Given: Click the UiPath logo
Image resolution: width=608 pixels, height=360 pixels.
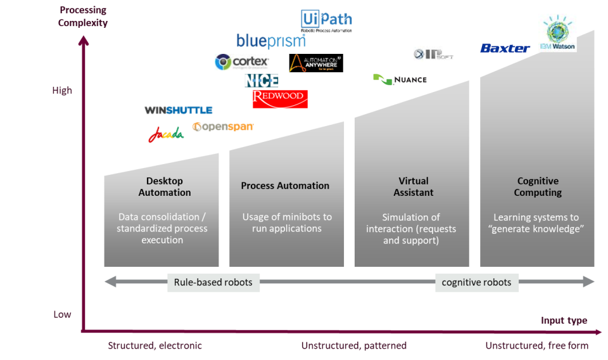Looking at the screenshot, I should (326, 20).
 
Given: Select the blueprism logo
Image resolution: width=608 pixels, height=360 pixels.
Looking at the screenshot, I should (271, 41).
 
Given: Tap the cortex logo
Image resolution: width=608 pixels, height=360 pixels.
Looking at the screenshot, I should (242, 61).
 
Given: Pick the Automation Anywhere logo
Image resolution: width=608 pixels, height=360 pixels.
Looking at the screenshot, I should (315, 62).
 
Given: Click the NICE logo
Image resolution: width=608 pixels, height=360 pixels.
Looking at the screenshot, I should (262, 80).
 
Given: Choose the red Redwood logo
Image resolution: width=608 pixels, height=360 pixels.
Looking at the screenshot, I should (280, 98).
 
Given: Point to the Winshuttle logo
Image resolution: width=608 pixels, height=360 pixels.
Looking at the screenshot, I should (179, 110).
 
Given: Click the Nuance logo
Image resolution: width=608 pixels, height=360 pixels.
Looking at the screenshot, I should (400, 80).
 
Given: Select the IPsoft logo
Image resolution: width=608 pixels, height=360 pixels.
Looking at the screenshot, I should (434, 54).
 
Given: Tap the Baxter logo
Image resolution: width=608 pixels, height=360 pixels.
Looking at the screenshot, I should (505, 48).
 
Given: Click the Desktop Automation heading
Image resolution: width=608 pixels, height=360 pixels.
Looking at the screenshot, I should (165, 186).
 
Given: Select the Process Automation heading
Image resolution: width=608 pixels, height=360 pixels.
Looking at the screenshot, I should (285, 186).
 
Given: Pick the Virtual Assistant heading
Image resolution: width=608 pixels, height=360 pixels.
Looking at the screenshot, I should (414, 186).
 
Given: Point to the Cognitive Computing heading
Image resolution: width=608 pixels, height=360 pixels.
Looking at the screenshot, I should (538, 186).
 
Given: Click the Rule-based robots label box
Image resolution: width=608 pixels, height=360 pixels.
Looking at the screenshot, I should (213, 282).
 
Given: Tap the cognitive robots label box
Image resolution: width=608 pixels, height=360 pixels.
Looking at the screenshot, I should (477, 282).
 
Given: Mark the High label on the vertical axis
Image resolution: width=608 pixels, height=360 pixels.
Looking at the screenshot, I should (62, 91).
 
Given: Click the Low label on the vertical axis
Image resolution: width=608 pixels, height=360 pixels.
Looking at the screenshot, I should (62, 314).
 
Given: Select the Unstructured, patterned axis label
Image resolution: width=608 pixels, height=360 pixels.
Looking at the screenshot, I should (353, 345).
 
